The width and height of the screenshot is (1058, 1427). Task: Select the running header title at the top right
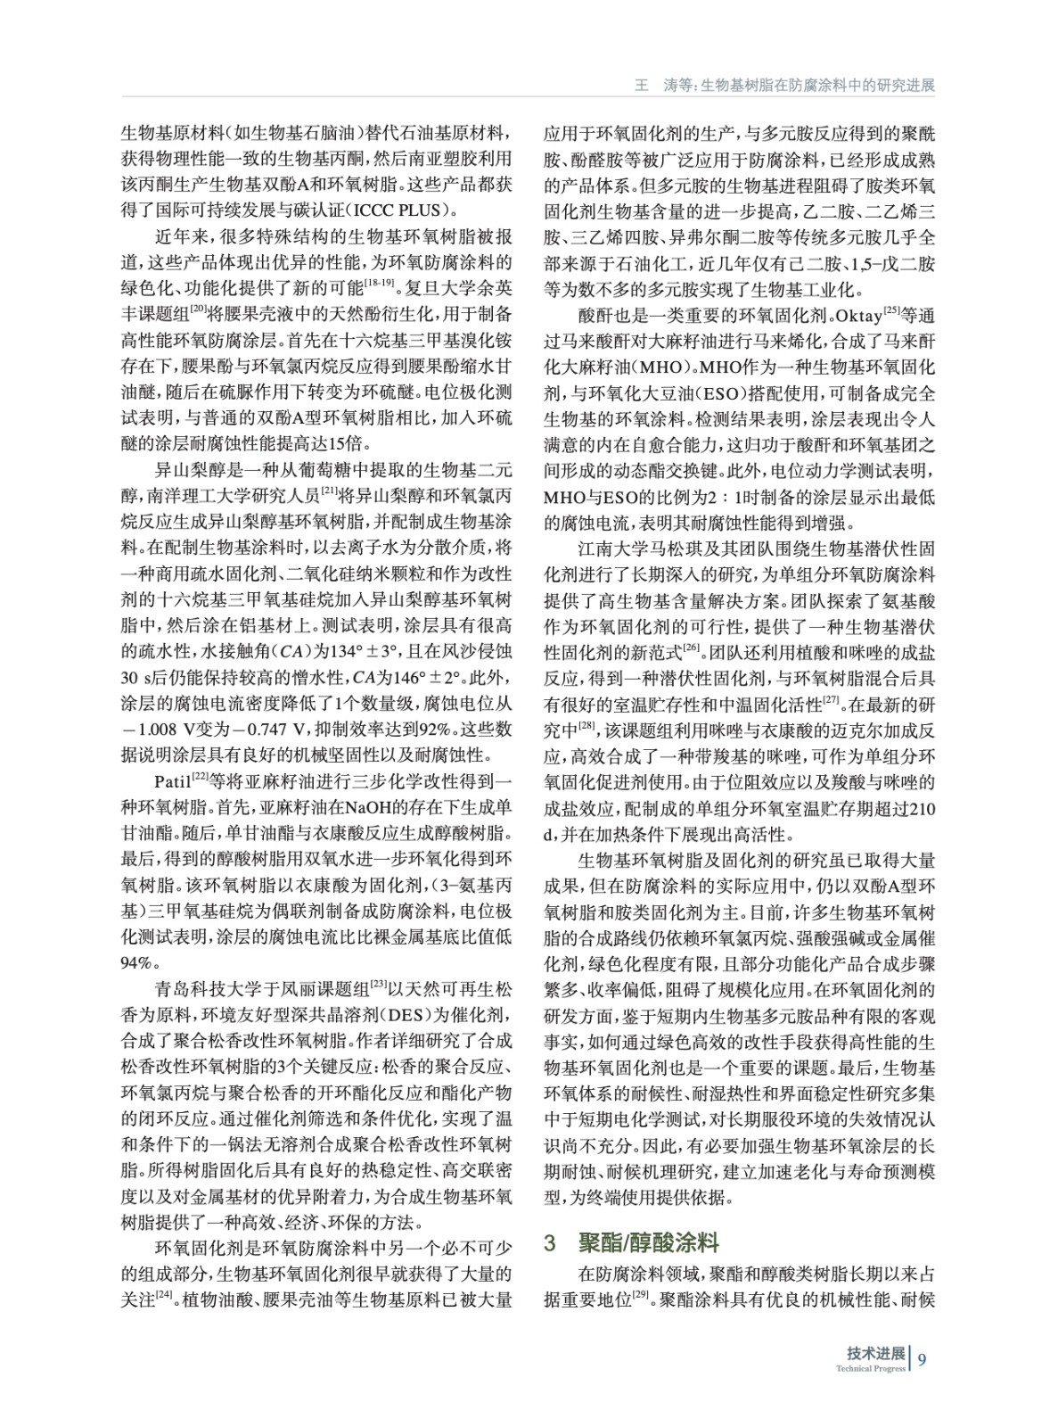[x=783, y=86]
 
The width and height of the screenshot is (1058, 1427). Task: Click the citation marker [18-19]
[x=378, y=283]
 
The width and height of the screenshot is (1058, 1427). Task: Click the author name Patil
[x=173, y=782]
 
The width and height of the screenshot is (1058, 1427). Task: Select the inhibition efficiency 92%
[x=440, y=730]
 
